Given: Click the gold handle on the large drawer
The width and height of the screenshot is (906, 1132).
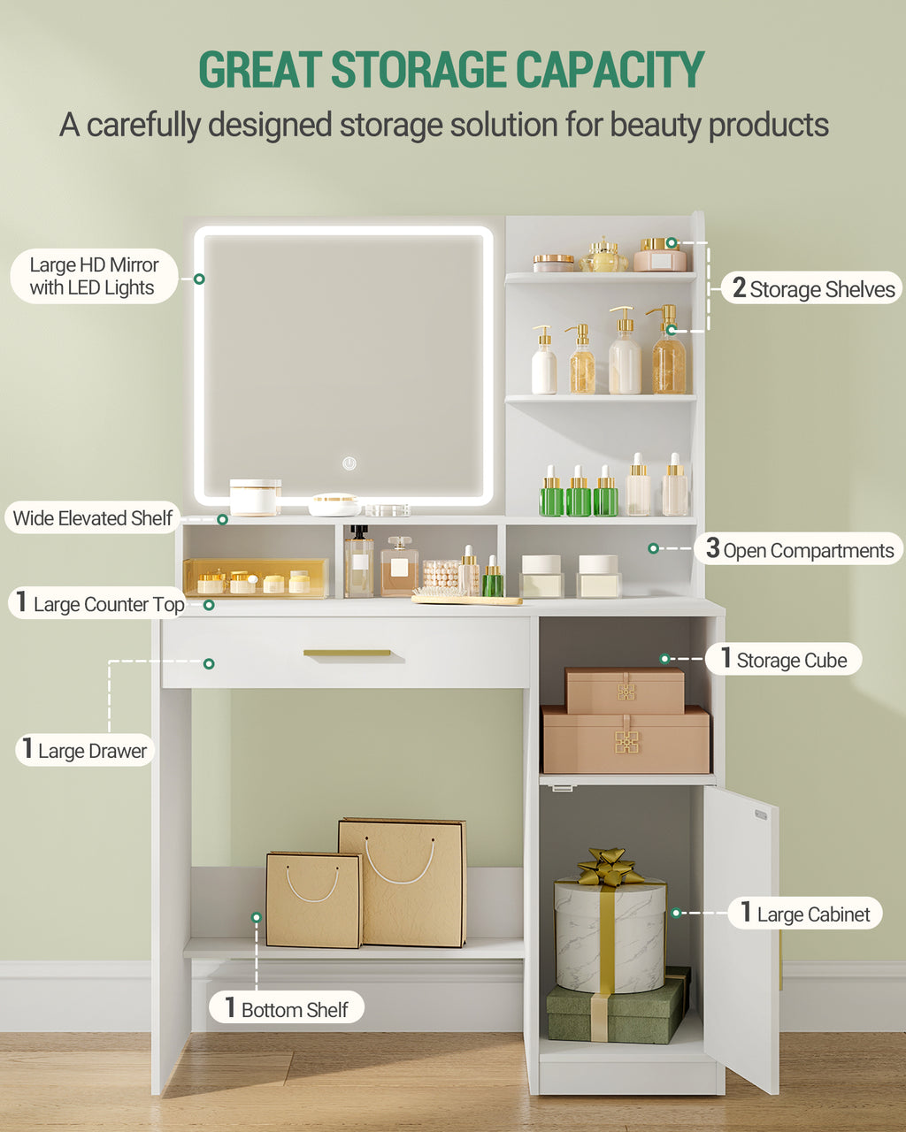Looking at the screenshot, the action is coord(348,653).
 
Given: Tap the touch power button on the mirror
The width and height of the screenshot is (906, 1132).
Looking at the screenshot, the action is coord(349,463).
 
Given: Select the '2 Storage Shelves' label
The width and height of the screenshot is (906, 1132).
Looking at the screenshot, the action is coord(811,288).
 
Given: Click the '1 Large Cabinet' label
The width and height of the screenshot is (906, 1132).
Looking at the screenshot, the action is coord(805,914).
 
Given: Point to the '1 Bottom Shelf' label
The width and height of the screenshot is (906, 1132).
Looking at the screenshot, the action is coord(287,1007).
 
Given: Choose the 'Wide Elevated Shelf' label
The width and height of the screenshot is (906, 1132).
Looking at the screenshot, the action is coord(93,518).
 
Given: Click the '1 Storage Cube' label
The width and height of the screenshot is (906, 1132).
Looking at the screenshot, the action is coord(783,659).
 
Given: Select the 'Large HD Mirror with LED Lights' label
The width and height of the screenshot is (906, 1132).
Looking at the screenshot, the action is coord(95,276).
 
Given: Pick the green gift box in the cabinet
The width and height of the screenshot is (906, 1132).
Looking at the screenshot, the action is coord(618,1013).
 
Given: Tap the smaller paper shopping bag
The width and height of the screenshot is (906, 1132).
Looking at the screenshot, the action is coord(314,900).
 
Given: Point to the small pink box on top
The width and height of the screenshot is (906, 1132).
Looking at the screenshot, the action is coord(625,690).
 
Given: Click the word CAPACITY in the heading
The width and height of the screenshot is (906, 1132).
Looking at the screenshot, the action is coord(610,69).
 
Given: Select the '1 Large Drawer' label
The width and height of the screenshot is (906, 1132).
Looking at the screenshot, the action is coord(85,750).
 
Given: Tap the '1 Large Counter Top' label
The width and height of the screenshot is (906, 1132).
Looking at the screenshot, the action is coord(97,603).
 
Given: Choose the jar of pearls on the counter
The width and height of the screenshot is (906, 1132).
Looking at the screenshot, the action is coord(440,575).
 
